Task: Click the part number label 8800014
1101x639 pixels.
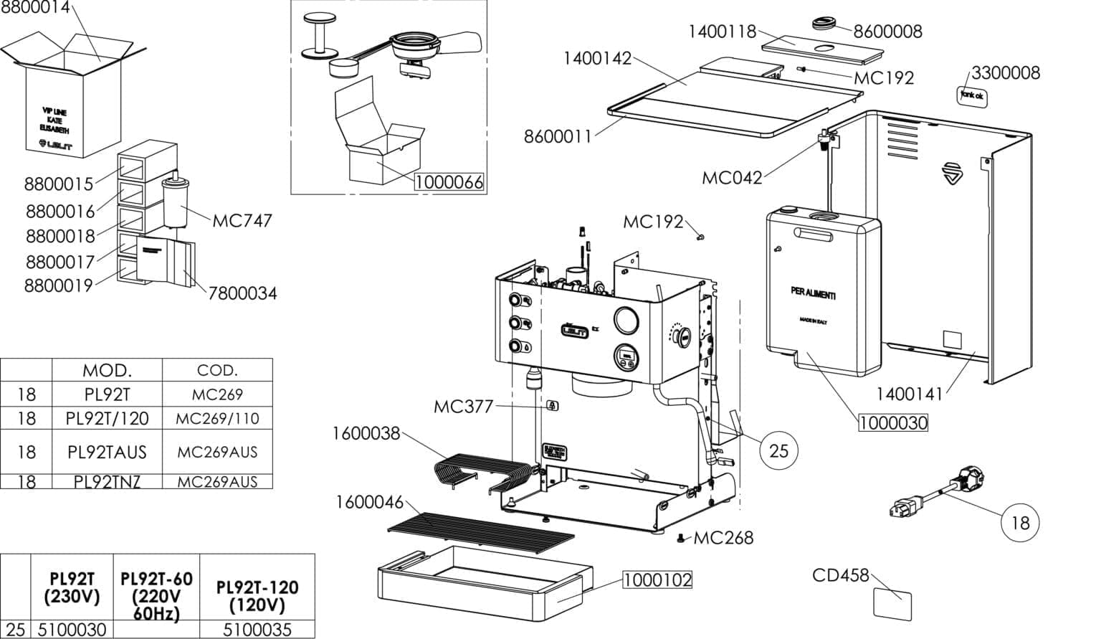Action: tap(36, 8)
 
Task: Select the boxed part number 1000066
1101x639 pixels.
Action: tap(449, 182)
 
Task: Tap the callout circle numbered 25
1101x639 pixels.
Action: tap(778, 450)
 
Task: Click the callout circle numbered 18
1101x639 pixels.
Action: tap(1019, 522)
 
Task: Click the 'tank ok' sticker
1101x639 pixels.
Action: tap(973, 95)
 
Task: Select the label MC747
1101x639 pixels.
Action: tap(242, 220)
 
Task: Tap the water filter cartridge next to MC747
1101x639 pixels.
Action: tap(176, 202)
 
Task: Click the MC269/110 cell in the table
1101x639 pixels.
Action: tap(217, 418)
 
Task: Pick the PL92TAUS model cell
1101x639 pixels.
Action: tap(107, 452)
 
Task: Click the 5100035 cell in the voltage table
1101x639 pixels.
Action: tap(257, 630)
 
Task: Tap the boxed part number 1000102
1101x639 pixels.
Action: tap(657, 579)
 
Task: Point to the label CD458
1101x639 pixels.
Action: tap(840, 575)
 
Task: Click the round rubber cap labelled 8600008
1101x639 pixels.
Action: tap(826, 24)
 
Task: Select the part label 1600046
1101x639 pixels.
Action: tap(369, 502)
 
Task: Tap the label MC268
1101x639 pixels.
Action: tap(723, 537)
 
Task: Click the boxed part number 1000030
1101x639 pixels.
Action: tap(892, 423)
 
